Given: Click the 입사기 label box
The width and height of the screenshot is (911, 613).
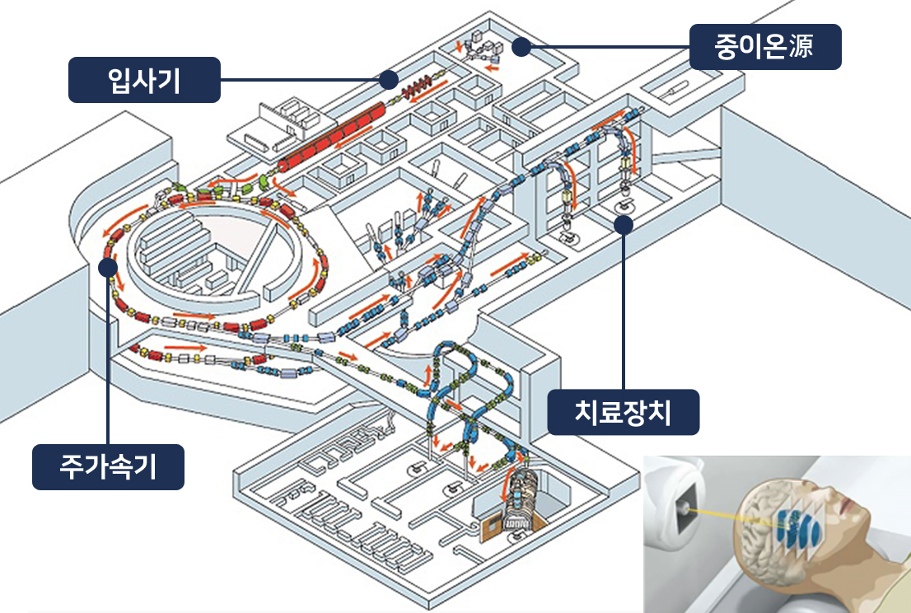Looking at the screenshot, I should (x=144, y=80).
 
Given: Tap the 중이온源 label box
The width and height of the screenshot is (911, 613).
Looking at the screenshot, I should (x=765, y=47).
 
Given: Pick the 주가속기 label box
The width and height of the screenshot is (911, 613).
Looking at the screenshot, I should (x=108, y=467).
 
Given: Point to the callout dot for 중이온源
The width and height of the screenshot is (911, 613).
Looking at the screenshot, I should (x=520, y=47).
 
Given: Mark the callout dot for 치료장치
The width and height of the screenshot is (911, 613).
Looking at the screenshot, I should (x=624, y=223).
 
